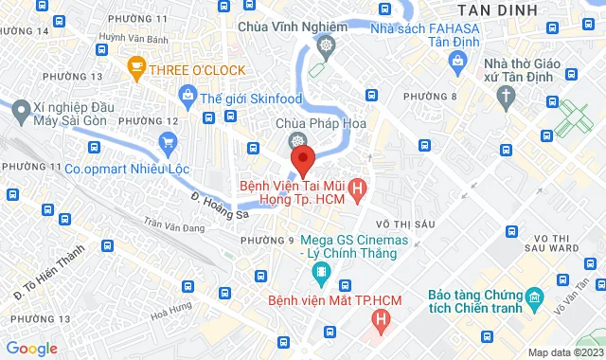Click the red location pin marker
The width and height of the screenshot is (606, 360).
tap(301, 157)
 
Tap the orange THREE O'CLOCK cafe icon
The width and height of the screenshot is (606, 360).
tap(136, 68)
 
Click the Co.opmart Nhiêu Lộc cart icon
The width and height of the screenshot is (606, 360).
tap(169, 144)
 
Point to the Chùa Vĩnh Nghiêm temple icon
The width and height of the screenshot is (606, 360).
tap(326, 45)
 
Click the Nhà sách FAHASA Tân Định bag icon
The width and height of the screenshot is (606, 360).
tap(457, 63)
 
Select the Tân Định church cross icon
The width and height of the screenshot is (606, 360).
tap(508, 95)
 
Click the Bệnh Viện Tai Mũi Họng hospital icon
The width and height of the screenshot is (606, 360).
tap(356, 189)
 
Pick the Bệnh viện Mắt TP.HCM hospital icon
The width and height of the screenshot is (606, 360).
tap(381, 320)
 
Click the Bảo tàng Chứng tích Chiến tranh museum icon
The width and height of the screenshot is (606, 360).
tap(534, 302)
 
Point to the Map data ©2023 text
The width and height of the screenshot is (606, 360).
tap(564, 352)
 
